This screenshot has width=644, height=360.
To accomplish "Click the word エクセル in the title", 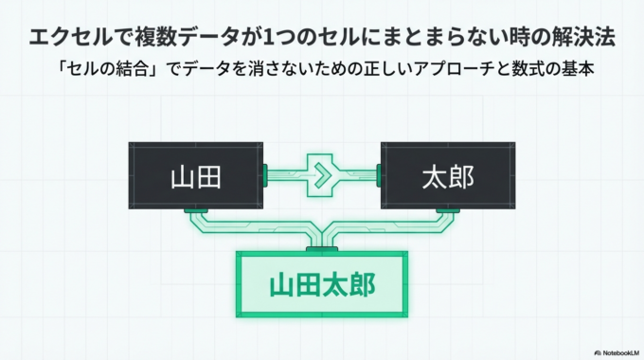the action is (67, 38).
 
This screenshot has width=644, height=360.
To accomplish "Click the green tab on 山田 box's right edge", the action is (266, 173).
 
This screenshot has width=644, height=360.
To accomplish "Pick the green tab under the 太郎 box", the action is (447, 208).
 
